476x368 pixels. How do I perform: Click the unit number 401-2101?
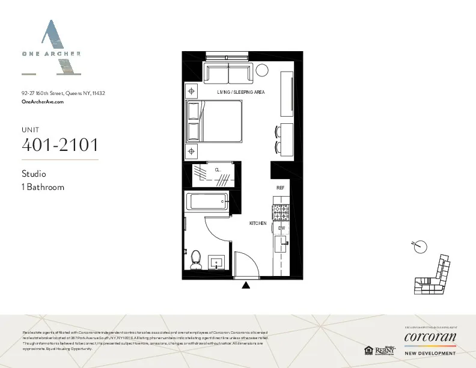tap(59, 145)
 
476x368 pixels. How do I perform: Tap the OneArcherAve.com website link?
tap(42, 102)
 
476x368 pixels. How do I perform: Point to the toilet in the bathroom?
tap(195, 260)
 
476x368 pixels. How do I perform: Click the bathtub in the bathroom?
tap(207, 201)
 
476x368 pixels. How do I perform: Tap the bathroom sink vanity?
tap(217, 262)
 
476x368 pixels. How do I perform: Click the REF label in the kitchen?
tap(280, 188)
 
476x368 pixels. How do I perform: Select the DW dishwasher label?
tap(281, 228)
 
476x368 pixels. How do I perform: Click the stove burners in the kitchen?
tap(281, 213)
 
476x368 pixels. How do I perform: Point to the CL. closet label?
tap(218, 170)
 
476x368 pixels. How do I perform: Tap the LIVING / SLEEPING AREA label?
tap(241, 92)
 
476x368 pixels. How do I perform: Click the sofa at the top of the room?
tap(228, 73)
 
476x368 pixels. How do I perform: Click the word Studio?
tap(34, 174)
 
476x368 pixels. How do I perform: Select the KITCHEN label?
tap(258, 223)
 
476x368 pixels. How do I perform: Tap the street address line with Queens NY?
tap(63, 93)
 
